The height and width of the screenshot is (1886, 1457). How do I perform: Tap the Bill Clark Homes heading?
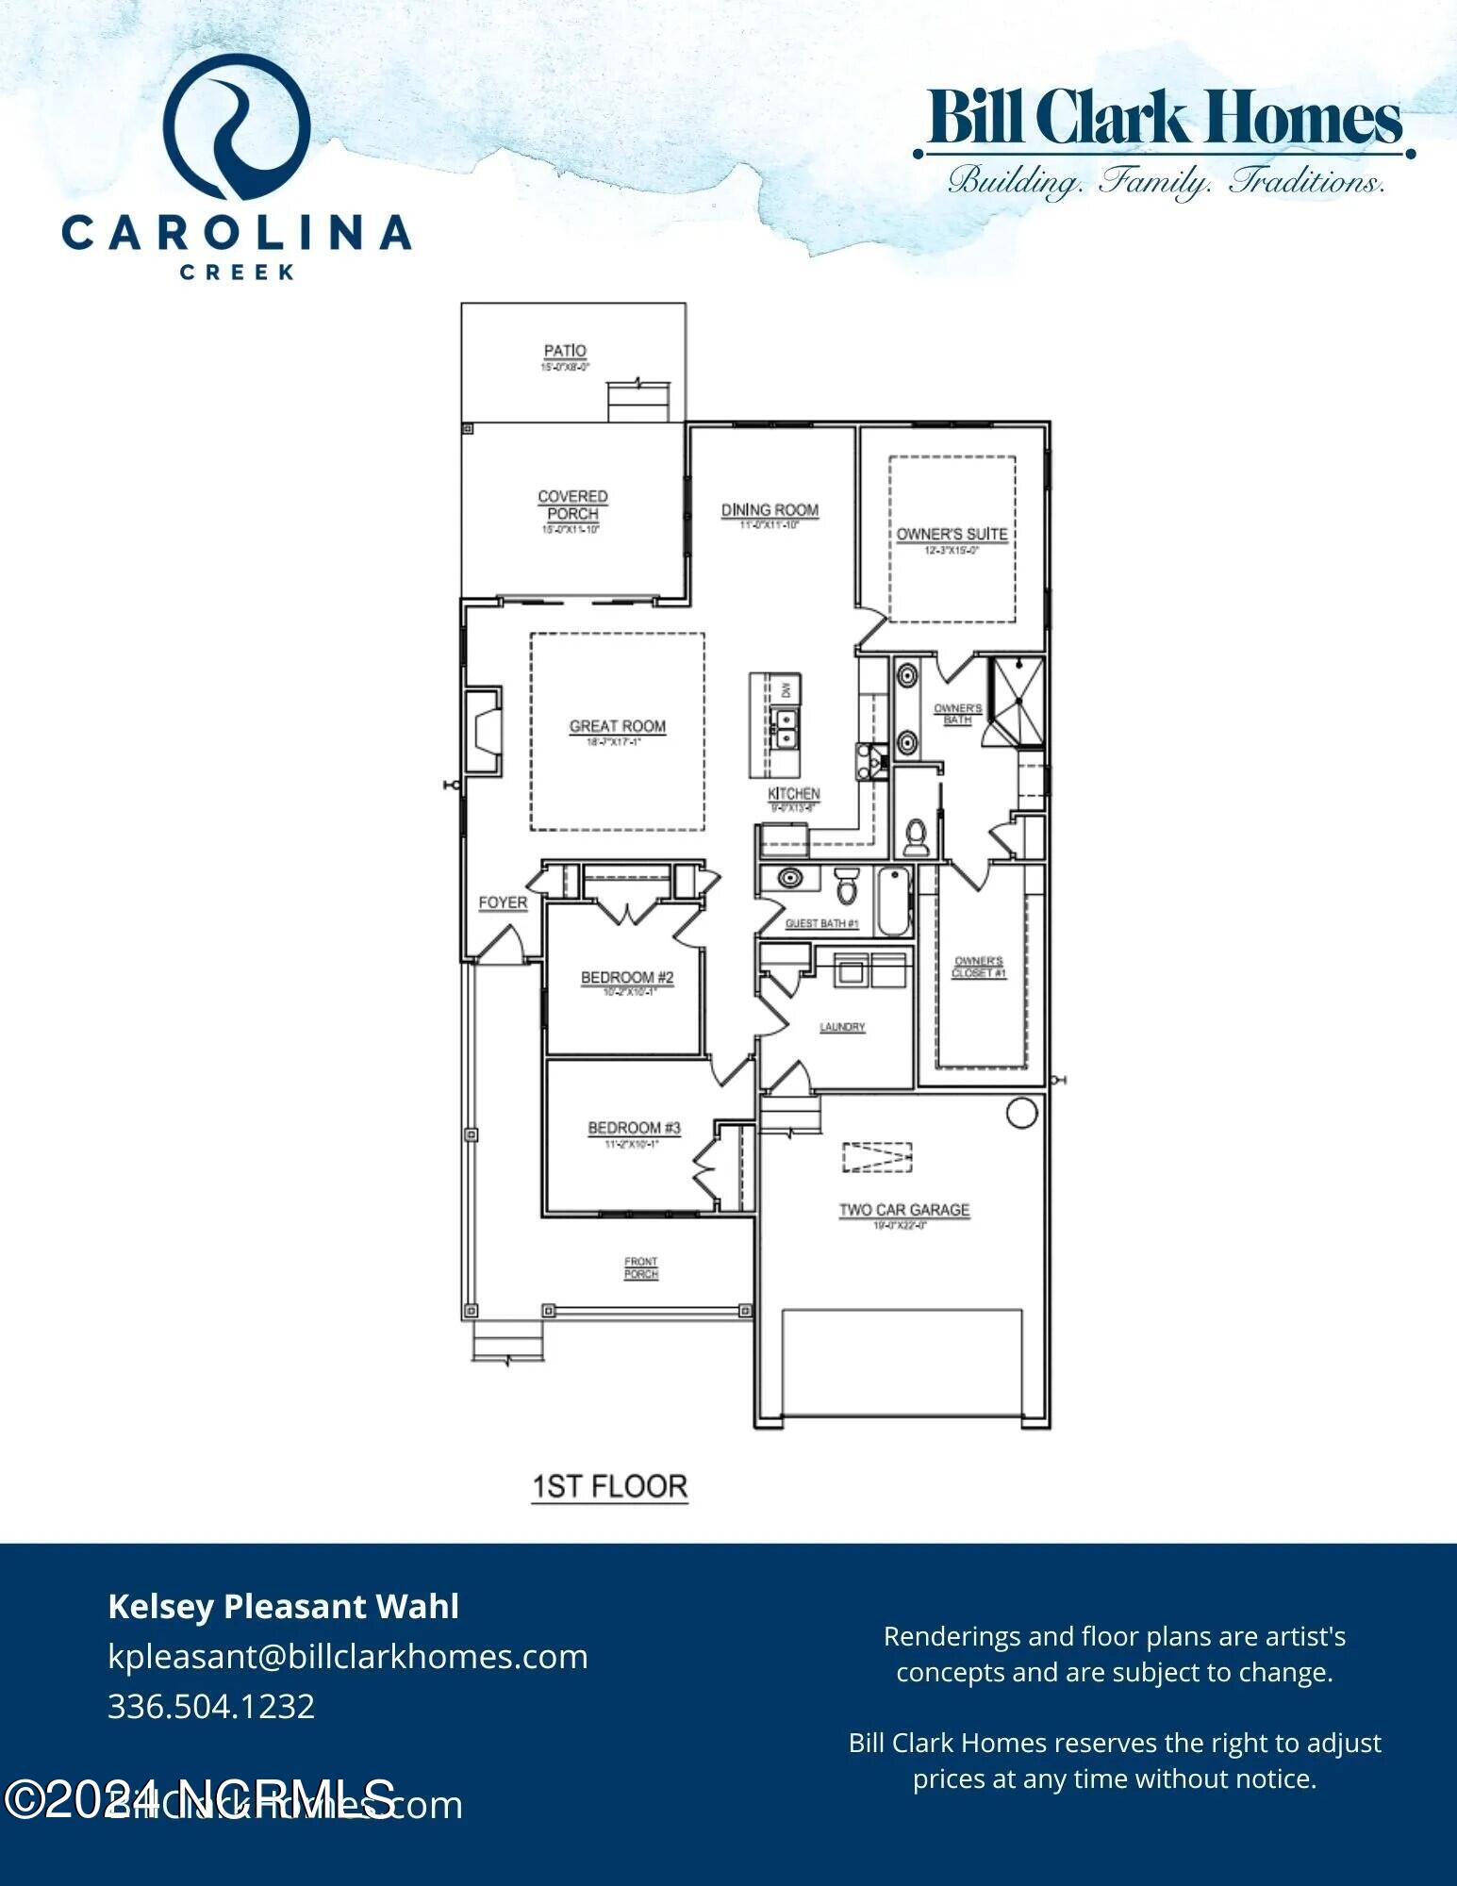point(1165,118)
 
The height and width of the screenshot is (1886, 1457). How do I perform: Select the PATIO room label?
point(565,351)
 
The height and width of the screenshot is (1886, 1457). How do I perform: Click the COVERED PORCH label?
point(572,505)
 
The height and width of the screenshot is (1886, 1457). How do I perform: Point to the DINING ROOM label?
point(770,510)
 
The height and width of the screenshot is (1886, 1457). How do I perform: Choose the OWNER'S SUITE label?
point(952,534)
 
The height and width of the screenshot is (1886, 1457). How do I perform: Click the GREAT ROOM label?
point(618,726)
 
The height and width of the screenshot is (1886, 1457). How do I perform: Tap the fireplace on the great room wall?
point(483,731)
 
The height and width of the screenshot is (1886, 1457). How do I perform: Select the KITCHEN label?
point(793,794)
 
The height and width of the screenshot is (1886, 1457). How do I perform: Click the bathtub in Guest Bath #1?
point(893,902)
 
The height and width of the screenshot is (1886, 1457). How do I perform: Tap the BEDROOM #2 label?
point(627,977)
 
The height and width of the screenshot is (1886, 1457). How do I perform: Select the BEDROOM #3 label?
point(634,1128)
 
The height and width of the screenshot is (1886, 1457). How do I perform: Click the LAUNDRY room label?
point(842,1027)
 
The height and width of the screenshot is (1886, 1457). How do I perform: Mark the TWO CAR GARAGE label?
point(904,1210)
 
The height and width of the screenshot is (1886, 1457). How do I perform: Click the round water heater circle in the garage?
point(1022,1113)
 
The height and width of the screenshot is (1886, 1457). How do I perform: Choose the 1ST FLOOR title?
point(610,1487)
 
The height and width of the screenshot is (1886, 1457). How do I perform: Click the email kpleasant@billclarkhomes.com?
point(348,1657)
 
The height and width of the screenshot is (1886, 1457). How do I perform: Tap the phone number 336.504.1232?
point(211,1707)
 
